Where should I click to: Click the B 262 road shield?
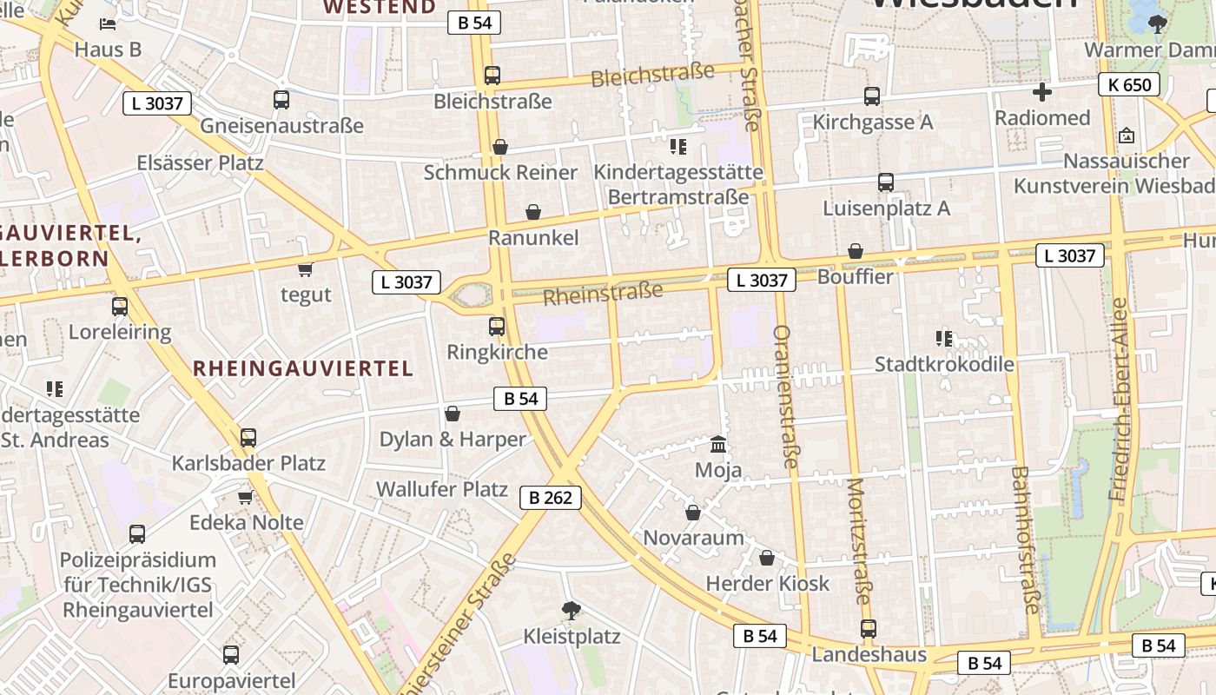pos(550,498)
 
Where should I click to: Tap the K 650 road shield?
pos(1129,84)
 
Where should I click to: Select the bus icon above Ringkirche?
pos(497,327)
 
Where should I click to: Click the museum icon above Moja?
pos(718,445)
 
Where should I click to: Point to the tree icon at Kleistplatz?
pos(571,610)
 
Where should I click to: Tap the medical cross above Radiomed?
pos(1042,92)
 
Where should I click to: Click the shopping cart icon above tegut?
pos(305,269)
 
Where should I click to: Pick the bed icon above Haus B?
pos(108,24)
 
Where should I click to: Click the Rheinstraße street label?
pos(603,293)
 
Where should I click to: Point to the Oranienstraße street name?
pos(783,396)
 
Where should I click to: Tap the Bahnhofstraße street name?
pos(1025,539)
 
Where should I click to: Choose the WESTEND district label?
pos(380,8)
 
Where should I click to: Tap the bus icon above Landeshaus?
pos(869,629)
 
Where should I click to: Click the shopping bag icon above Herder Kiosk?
pos(767,558)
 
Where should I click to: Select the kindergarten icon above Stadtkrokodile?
pos(944,338)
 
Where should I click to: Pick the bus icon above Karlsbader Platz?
pos(248,438)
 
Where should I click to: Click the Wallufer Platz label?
pos(441,489)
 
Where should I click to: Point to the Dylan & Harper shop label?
pos(453,439)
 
